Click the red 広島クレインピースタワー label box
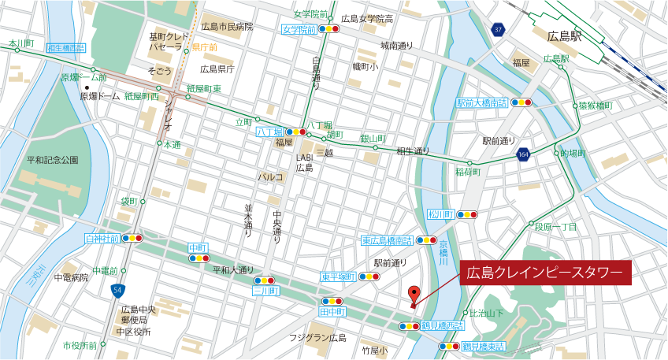[x=546, y=273]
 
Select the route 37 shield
[x=497, y=30]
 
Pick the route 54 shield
[x=117, y=291]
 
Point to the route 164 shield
[x=523, y=155]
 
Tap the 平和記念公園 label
[x=53, y=160]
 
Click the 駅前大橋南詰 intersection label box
[x=482, y=102]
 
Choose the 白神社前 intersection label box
[x=102, y=237]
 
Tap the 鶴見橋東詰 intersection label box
[x=483, y=346]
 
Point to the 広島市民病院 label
[x=228, y=27]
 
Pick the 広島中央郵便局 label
[x=139, y=314]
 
